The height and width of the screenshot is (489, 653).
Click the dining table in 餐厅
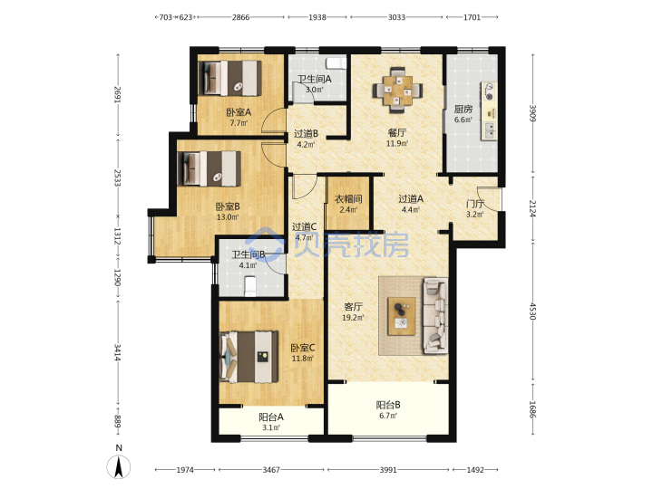(x=397, y=90)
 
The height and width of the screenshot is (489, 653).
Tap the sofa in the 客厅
(x=435, y=316)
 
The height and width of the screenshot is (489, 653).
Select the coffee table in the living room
(x=402, y=316)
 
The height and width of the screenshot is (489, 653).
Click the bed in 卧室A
(x=229, y=78)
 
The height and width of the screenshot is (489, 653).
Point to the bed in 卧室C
(x=249, y=357)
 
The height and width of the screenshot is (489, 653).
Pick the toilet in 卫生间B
(x=250, y=286)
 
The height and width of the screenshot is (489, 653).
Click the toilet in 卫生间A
(x=336, y=62)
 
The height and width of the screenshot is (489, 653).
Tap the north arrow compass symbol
(x=119, y=466)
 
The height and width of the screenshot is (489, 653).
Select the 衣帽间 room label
(x=348, y=198)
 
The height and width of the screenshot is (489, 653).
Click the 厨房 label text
(x=463, y=109)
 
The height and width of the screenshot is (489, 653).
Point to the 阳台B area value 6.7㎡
(x=388, y=416)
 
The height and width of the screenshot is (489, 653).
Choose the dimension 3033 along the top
(x=396, y=17)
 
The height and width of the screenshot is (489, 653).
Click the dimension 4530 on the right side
(x=532, y=311)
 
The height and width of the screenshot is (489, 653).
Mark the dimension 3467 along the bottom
(x=271, y=470)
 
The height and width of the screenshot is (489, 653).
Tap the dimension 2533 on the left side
(x=118, y=177)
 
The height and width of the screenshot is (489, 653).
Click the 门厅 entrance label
(x=474, y=204)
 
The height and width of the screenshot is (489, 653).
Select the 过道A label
(x=411, y=198)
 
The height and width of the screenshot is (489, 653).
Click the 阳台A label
(x=271, y=417)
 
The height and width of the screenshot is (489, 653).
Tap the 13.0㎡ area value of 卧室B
(x=228, y=217)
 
